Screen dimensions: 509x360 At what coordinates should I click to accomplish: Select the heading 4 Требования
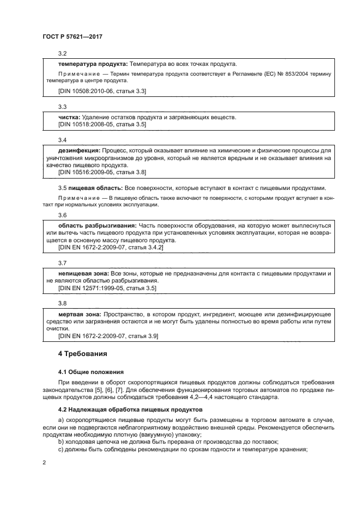point(82,353)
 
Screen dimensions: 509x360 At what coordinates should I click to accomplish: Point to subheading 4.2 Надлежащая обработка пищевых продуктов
point(130,409)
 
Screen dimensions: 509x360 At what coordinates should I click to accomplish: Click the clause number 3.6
point(62,215)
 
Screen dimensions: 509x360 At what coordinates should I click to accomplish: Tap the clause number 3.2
point(62,53)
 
